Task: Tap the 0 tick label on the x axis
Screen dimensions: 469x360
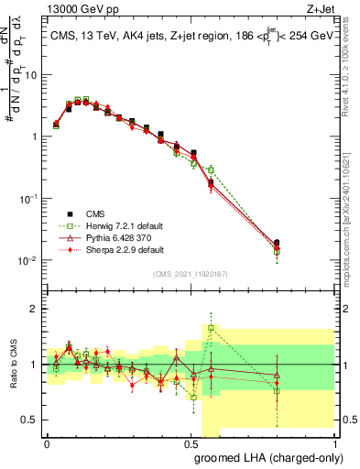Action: coord(46,442)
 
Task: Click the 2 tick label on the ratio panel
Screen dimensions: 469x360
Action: coord(35,309)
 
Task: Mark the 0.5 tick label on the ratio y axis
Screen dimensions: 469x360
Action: coord(31,420)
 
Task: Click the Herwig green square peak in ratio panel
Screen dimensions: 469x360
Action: coord(211,328)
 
